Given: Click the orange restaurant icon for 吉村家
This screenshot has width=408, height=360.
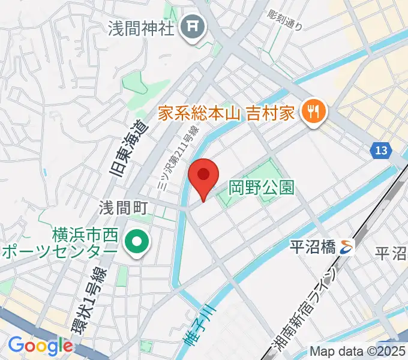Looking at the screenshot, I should click(313, 110).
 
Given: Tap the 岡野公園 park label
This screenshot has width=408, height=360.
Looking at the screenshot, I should click(262, 188).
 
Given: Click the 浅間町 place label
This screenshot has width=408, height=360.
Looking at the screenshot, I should click(124, 208).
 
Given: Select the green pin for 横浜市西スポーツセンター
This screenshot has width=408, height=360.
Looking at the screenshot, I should click(137, 242).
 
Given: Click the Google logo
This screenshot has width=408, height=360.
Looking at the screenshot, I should click(40, 346).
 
